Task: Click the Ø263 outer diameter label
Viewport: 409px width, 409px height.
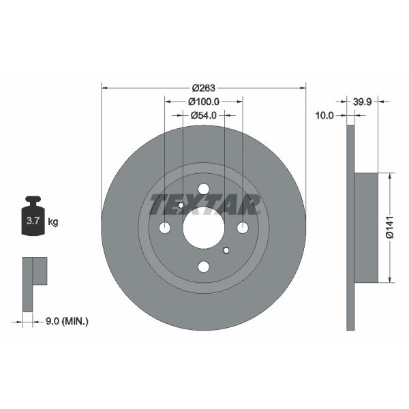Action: (204, 88)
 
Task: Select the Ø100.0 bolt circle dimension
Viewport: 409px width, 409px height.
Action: (204, 102)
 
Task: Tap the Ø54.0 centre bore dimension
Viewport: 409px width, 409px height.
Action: (204, 115)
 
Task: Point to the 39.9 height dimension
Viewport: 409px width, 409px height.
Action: (362, 102)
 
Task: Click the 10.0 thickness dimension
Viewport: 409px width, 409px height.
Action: (324, 115)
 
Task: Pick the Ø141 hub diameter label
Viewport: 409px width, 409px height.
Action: (390, 227)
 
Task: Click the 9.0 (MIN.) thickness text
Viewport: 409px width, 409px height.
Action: (67, 321)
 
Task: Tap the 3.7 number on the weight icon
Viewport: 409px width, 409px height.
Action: (33, 221)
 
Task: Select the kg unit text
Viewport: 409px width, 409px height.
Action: (53, 222)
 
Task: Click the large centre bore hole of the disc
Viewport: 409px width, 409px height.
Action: (204, 228)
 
